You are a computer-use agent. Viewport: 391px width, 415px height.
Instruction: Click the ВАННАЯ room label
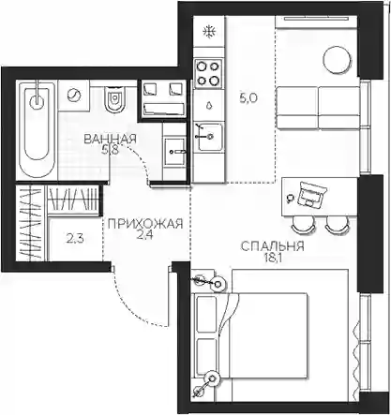click(x=111, y=140)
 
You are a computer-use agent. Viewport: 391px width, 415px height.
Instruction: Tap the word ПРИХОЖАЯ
click(x=145, y=224)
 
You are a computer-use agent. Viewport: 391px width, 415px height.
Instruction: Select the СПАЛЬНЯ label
click(x=272, y=246)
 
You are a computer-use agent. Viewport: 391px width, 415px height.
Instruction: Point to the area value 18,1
click(x=268, y=258)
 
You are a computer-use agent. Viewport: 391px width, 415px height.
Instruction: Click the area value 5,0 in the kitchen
click(x=248, y=99)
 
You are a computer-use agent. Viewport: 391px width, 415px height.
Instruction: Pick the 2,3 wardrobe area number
click(x=74, y=239)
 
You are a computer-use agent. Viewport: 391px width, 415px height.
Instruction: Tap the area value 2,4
click(x=144, y=235)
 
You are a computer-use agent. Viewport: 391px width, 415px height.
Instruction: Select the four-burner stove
click(x=208, y=73)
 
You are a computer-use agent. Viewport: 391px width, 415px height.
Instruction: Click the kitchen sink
click(x=208, y=137)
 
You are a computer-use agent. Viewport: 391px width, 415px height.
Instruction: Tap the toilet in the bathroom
click(x=113, y=98)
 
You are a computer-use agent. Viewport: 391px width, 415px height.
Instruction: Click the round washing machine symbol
click(x=74, y=95)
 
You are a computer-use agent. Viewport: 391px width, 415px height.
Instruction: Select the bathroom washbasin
click(x=174, y=152)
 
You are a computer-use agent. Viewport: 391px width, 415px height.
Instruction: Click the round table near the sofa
click(x=337, y=60)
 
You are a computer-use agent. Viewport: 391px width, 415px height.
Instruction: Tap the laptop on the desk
click(x=311, y=195)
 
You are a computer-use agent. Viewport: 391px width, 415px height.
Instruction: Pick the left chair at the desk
click(x=303, y=224)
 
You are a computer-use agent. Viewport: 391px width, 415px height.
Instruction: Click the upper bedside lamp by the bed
click(x=218, y=284)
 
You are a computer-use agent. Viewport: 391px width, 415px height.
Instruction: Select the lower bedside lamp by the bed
click(x=214, y=378)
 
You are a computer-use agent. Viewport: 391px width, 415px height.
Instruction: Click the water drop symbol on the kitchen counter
click(x=208, y=105)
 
